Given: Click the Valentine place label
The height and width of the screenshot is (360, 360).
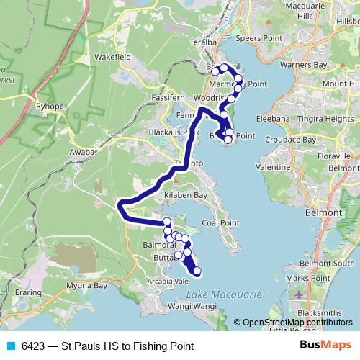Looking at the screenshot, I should (x=272, y=166).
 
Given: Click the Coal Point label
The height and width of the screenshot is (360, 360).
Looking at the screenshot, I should (x=220, y=222).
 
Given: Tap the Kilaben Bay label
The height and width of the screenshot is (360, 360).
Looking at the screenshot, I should (x=183, y=196).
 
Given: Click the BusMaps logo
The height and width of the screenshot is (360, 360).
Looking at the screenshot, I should (x=321, y=345).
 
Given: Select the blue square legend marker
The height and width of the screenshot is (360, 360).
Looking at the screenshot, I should (x=10, y=346).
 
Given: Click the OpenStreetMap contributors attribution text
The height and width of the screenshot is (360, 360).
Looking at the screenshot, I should (x=295, y=323).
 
